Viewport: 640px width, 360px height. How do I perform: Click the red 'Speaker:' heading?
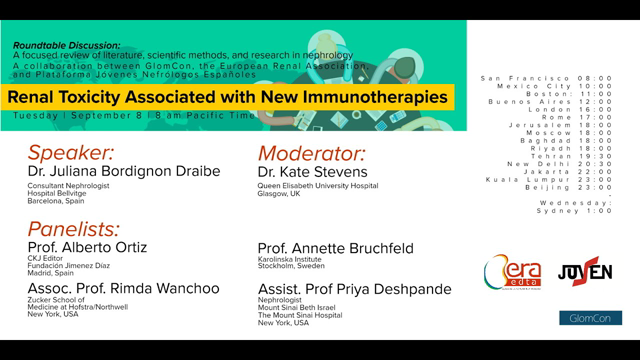coord(71,153)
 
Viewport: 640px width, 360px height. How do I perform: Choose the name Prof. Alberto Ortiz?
coord(88,247)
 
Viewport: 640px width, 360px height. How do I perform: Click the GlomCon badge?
coord(589,318)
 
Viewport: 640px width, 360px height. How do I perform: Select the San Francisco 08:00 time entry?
coord(546,78)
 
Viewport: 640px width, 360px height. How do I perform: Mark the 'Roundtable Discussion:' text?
coord(66,45)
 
